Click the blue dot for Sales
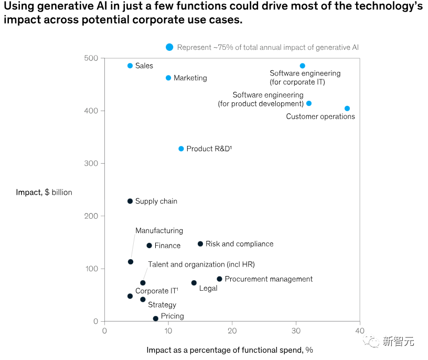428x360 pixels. (130, 66)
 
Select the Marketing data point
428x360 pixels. (168, 78)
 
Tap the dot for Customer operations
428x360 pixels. (347, 109)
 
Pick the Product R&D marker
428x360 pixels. (181, 149)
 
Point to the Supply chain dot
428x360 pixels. (130, 201)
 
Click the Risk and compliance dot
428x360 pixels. (200, 243)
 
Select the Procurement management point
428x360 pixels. (219, 279)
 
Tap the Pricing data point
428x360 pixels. (155, 319)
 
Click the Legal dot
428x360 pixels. (194, 283)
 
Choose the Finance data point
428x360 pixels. (149, 246)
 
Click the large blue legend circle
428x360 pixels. (169, 47)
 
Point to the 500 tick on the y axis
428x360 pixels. (91, 58)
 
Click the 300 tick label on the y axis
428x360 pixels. (91, 164)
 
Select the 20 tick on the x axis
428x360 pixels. (232, 331)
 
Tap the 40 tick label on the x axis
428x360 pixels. (359, 331)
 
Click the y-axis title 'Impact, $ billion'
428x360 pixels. (44, 193)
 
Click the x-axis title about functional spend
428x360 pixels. (230, 350)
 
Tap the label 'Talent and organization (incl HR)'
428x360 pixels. (201, 264)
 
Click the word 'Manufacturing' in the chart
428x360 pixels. (159, 230)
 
